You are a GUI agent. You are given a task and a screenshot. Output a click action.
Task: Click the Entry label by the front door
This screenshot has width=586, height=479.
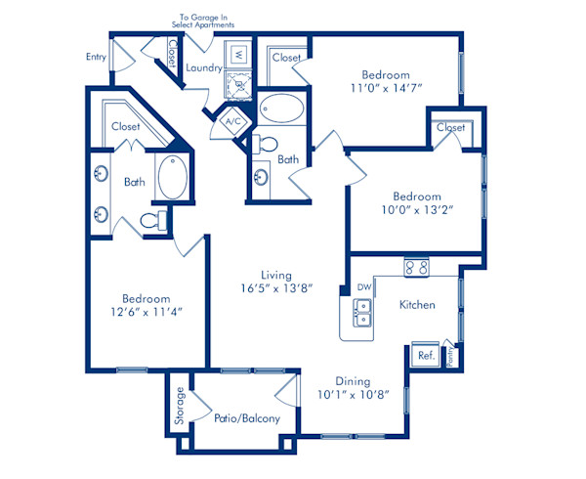click(x=96, y=58)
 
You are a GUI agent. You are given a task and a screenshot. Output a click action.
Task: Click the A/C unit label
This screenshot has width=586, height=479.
click(x=232, y=122)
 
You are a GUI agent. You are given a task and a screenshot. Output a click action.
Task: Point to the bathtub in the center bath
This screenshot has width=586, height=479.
click(x=283, y=109)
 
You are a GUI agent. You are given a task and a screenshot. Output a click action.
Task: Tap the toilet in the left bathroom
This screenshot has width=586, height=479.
click(x=152, y=222)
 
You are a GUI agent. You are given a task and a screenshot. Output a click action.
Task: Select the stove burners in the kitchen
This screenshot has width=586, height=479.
click(x=417, y=267)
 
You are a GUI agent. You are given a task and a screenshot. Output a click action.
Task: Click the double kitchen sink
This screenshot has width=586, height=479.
click(x=362, y=313)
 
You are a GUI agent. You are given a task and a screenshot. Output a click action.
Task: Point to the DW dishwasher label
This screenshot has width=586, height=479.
click(x=364, y=287)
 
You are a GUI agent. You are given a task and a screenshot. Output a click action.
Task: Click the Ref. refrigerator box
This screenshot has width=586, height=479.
click(x=426, y=357)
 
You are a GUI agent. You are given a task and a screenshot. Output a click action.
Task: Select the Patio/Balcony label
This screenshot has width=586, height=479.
click(x=247, y=418)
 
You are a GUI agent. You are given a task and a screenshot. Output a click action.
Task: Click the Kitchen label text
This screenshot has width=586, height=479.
click(x=417, y=305)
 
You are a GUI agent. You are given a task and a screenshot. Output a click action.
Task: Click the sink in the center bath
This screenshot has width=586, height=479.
click(x=262, y=177)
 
